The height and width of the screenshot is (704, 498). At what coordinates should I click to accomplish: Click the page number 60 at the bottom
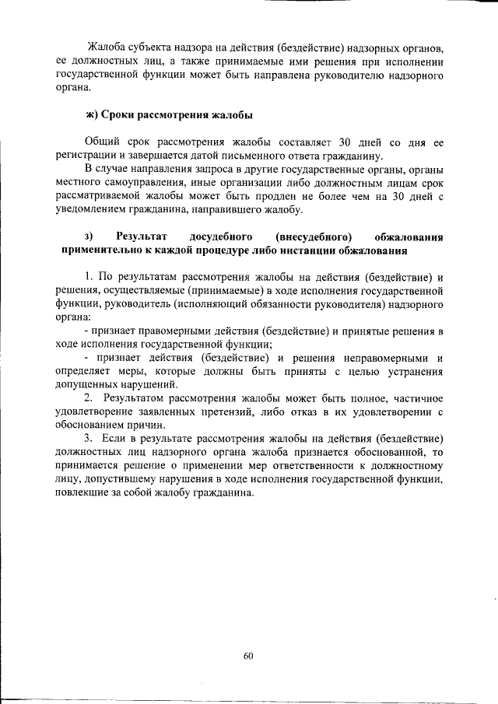248,655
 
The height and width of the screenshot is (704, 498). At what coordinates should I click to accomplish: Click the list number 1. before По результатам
89,277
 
